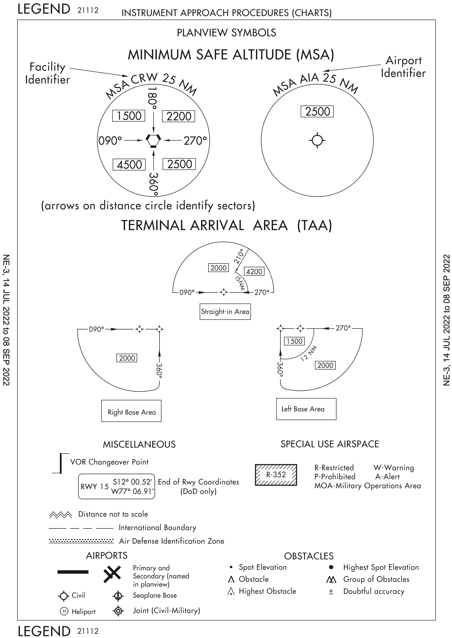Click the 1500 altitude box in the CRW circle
point(129,116)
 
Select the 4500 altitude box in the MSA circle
point(129,165)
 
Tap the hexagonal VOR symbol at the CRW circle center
point(153,141)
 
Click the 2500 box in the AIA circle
point(317,112)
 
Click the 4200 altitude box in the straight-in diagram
point(254,271)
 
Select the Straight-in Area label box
point(225,311)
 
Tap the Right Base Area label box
point(131,412)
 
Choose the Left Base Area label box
point(306,409)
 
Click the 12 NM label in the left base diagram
point(309,354)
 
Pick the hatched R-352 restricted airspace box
point(276,474)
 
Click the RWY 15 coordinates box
point(116,486)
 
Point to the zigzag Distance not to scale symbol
point(60,515)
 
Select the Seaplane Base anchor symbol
point(118,596)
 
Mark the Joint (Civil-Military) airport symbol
point(118,611)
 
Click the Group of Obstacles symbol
point(331,579)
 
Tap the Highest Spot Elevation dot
point(331,567)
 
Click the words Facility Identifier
point(47,73)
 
